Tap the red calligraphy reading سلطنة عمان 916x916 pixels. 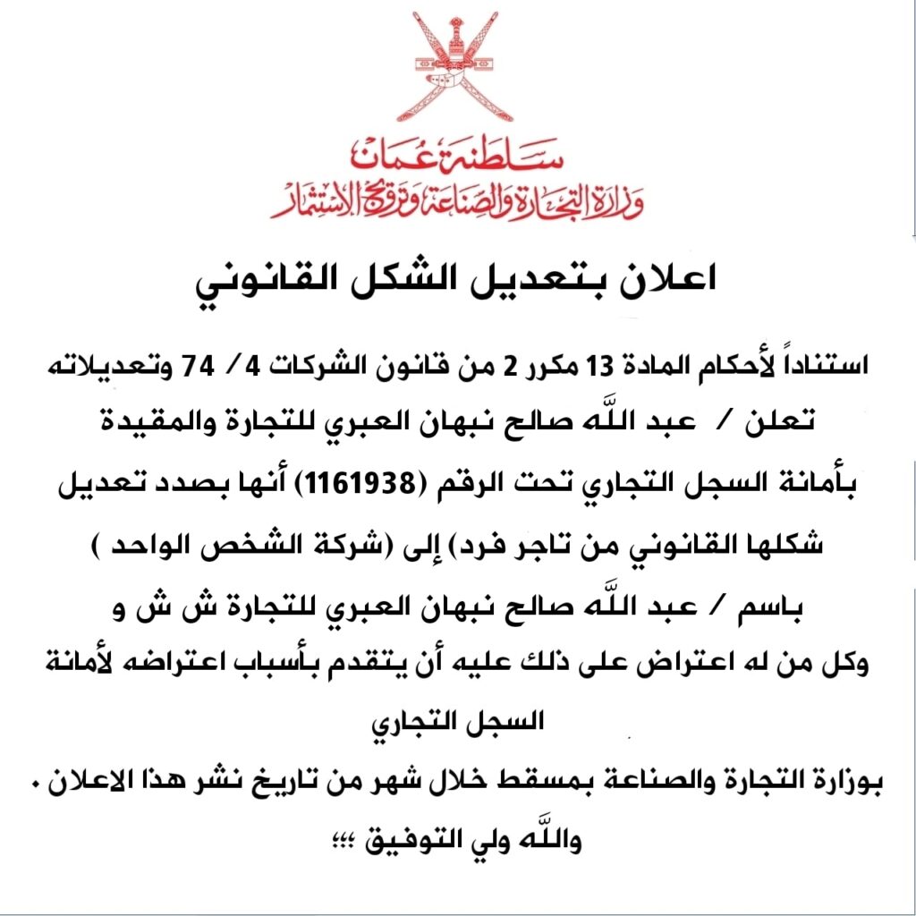pyautogui.click(x=458, y=156)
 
